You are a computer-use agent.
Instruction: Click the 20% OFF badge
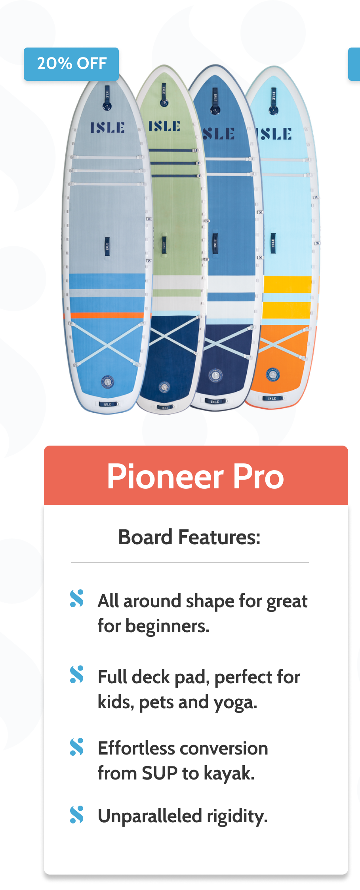(x=71, y=64)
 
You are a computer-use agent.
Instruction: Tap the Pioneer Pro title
(x=196, y=476)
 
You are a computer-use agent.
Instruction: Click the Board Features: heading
(x=190, y=537)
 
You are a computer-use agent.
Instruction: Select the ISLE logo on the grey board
(x=107, y=128)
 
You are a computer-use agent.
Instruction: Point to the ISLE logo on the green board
(x=164, y=126)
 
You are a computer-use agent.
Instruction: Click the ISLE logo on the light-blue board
(x=276, y=134)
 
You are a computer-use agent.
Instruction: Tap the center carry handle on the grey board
(x=107, y=246)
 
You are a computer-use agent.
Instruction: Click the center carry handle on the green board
(x=164, y=245)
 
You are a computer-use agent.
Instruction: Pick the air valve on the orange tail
(x=272, y=374)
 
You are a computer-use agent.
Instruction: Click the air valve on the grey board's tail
(x=107, y=382)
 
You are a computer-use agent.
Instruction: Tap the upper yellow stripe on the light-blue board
(x=288, y=284)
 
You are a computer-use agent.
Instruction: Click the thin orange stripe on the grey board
(x=107, y=315)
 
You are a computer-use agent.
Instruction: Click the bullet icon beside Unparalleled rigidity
(x=77, y=815)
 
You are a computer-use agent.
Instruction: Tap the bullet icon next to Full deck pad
(x=77, y=675)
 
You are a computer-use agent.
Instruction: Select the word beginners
(x=168, y=626)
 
